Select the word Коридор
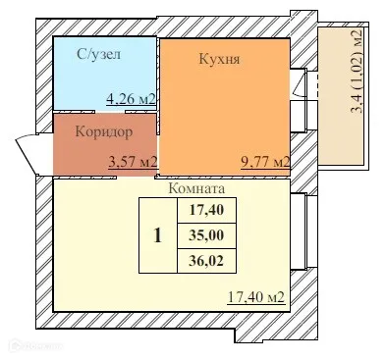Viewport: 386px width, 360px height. (x=103, y=129)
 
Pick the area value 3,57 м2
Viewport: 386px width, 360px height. (x=133, y=162)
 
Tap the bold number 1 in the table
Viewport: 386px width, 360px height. (x=158, y=235)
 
